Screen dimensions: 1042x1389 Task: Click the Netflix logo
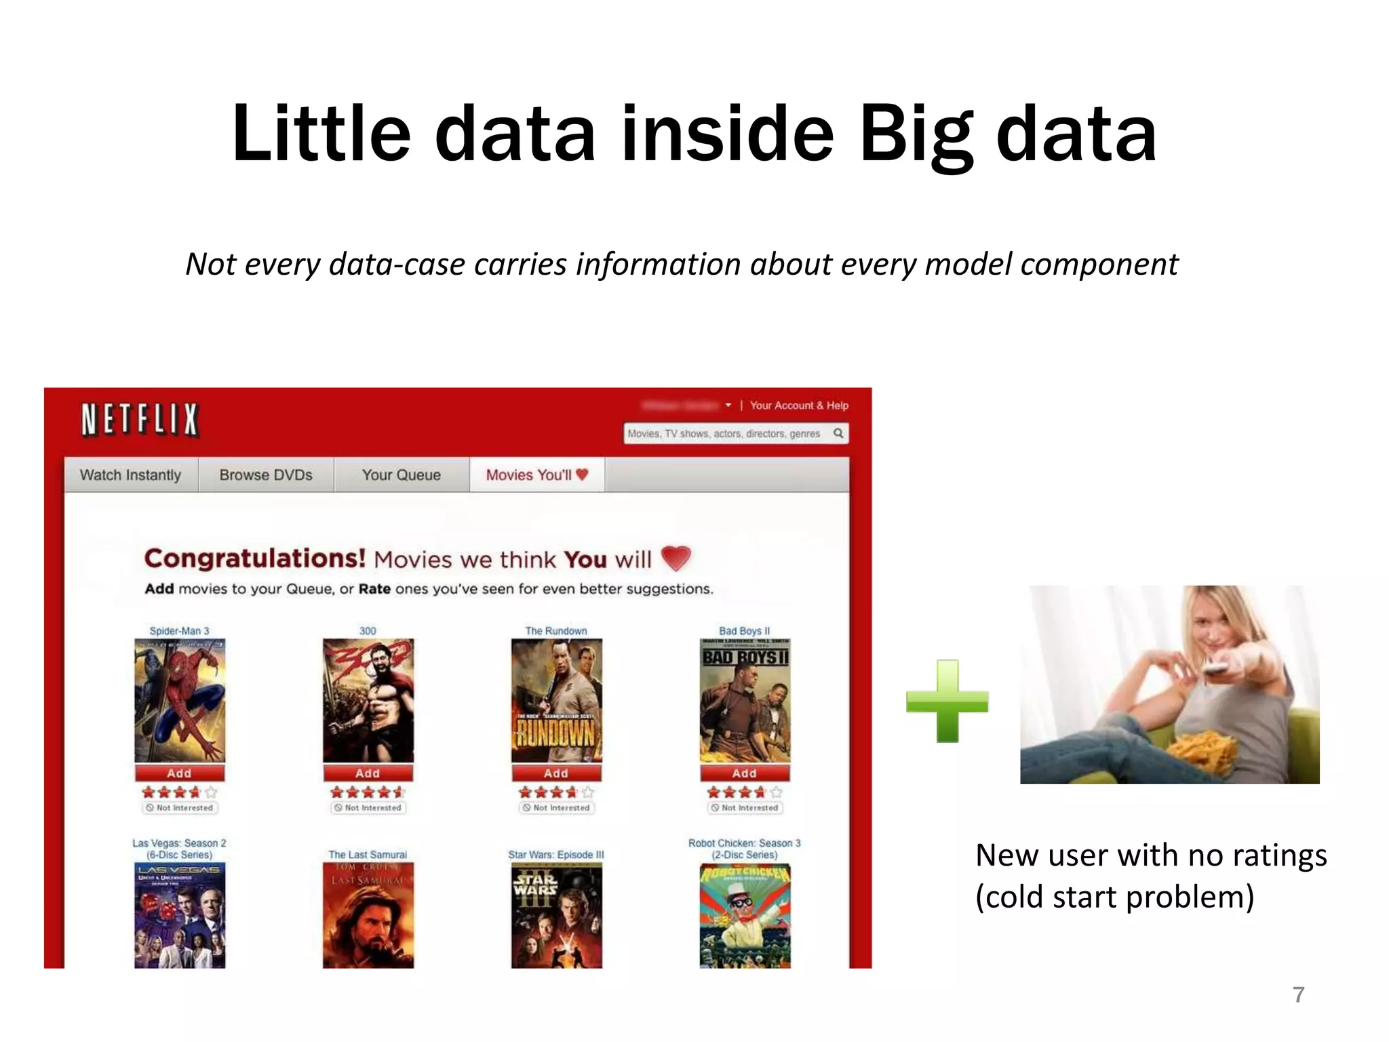(140, 419)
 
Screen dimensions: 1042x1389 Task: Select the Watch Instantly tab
(131, 475)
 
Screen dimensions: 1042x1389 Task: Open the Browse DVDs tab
(266, 475)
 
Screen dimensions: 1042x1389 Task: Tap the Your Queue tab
(402, 475)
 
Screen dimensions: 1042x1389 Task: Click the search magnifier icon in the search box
(838, 433)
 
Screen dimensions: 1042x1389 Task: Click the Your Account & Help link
(799, 405)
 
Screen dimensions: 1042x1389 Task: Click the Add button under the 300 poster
(368, 773)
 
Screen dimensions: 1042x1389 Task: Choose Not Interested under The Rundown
(557, 808)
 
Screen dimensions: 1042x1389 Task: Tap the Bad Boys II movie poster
(745, 701)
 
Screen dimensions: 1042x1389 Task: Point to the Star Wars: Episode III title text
(556, 855)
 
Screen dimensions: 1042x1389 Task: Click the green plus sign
(947, 701)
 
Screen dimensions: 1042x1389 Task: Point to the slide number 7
(1298, 995)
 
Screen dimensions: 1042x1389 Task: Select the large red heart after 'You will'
(676, 558)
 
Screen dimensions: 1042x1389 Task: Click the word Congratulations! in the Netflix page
(255, 558)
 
